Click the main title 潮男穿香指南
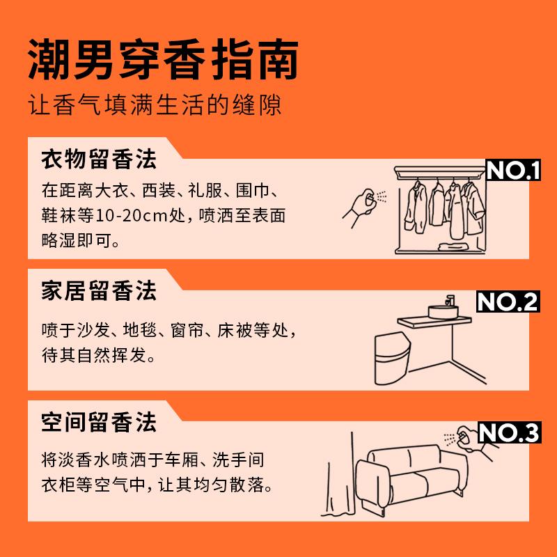(163, 59)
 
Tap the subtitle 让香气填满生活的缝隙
(155, 105)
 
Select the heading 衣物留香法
(99, 159)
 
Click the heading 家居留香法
(99, 290)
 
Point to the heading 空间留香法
(99, 422)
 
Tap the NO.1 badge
(513, 170)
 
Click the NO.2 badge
(508, 301)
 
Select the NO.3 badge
(510, 432)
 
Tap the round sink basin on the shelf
(443, 311)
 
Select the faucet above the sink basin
(450, 300)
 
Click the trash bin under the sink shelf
(392, 358)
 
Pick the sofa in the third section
(411, 478)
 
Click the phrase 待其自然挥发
(94, 355)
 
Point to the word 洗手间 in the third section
(238, 460)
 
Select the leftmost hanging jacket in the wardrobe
(416, 207)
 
